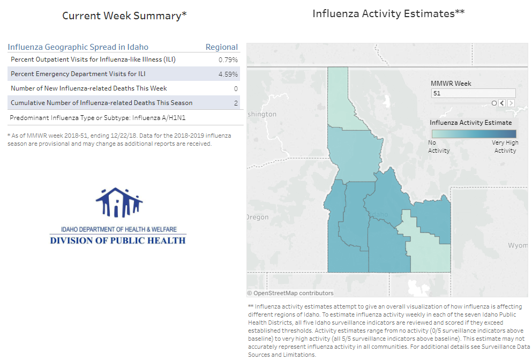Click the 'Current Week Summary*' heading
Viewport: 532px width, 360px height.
124,16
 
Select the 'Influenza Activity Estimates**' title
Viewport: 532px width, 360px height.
388,14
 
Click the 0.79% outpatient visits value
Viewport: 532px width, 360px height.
228,59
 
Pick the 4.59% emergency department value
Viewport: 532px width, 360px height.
228,74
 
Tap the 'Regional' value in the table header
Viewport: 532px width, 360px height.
222,47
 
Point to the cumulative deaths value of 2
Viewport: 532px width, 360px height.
236,103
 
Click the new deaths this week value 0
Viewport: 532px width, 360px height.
236,88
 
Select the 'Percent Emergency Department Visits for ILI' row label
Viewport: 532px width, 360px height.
78,74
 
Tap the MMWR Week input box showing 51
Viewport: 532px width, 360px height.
473,93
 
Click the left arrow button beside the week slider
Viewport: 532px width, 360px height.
502,103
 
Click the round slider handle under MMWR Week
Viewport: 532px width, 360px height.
494,103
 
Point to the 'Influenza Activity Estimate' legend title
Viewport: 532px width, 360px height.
471,123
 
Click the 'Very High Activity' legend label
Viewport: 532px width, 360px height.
505,147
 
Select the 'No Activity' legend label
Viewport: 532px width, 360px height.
439,147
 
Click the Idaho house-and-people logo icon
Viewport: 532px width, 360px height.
119,202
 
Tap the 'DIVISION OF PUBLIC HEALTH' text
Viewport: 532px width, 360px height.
118,241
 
